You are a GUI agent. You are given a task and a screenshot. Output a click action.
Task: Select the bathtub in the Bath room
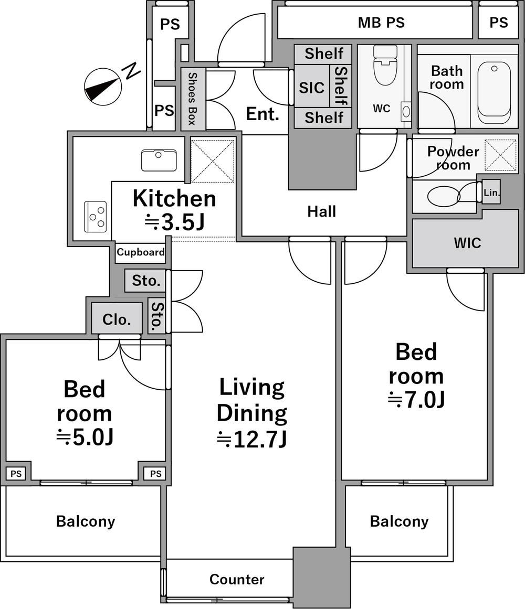click(494, 92)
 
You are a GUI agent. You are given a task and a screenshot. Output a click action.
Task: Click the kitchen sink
click(159, 160)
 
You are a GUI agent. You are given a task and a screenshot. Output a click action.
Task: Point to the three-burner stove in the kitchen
click(96, 217)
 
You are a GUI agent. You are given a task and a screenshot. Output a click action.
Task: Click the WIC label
click(467, 243)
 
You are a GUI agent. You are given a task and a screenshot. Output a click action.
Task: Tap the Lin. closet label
click(491, 192)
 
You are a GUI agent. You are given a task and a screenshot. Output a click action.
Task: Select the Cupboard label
click(141, 252)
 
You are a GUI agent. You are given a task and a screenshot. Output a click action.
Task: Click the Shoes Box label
click(192, 99)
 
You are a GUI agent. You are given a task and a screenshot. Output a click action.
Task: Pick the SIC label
click(312, 88)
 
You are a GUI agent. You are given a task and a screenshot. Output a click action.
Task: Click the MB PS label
click(381, 23)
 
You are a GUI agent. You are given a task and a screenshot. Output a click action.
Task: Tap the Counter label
click(237, 579)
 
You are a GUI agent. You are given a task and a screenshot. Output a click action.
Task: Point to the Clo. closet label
click(117, 319)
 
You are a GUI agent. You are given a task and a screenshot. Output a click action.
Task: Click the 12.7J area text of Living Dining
click(252, 439)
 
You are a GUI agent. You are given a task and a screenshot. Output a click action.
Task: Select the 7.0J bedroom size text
click(416, 400)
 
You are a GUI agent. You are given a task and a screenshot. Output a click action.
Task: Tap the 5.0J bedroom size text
click(85, 437)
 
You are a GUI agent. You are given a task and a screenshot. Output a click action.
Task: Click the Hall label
click(322, 212)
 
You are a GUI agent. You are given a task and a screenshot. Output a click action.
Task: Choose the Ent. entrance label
click(262, 114)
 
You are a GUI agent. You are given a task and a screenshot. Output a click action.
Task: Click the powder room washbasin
click(444, 196)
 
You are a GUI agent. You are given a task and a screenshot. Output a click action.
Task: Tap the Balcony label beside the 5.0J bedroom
click(86, 521)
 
